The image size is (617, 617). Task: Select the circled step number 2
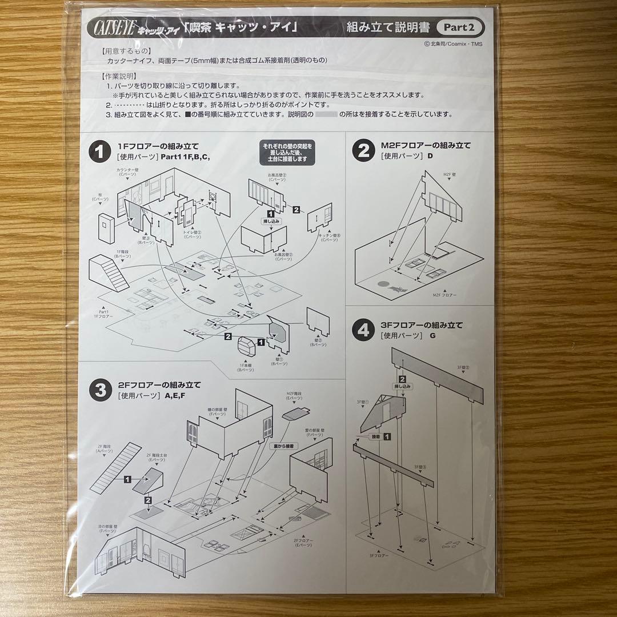[363, 151]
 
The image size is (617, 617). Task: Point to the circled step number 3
[99, 390]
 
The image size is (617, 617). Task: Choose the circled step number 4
[363, 330]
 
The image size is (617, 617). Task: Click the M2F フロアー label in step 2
[444, 294]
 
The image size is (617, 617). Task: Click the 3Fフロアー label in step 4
[379, 555]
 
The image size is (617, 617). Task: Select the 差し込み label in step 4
[403, 387]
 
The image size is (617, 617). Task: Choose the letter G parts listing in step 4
[432, 336]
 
